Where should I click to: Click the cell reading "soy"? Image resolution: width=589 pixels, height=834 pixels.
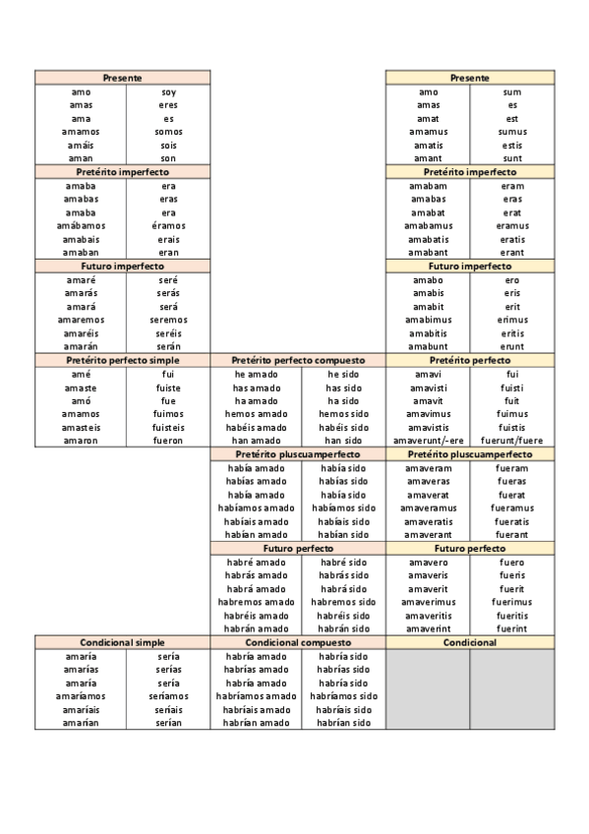[168, 91]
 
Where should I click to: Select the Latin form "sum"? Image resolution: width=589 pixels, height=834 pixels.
[511, 91]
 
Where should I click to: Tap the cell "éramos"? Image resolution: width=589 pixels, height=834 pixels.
[168, 225]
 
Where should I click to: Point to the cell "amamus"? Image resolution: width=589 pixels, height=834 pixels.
[428, 132]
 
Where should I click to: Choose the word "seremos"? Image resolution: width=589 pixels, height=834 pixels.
[168, 320]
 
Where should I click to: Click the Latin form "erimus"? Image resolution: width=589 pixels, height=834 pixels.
[511, 320]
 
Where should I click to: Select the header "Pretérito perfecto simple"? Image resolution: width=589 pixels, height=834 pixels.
[123, 361]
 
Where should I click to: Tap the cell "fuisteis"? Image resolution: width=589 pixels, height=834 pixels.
[168, 427]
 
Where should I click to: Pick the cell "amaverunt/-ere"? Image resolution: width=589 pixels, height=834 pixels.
[428, 441]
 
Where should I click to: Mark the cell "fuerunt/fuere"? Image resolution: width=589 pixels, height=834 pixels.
[511, 441]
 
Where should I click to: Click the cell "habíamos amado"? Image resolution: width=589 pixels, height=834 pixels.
[256, 507]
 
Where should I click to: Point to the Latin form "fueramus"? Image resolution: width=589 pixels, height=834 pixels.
[511, 507]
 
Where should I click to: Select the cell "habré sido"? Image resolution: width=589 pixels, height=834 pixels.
[343, 562]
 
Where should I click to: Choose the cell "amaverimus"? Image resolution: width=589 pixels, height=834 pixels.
[428, 602]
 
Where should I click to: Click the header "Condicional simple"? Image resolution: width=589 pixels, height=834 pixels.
[123, 642]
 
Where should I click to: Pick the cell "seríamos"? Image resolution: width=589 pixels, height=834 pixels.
[168, 696]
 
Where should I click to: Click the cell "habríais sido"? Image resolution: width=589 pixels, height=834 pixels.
[343, 709]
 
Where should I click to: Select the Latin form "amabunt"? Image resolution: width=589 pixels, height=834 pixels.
[428, 346]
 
